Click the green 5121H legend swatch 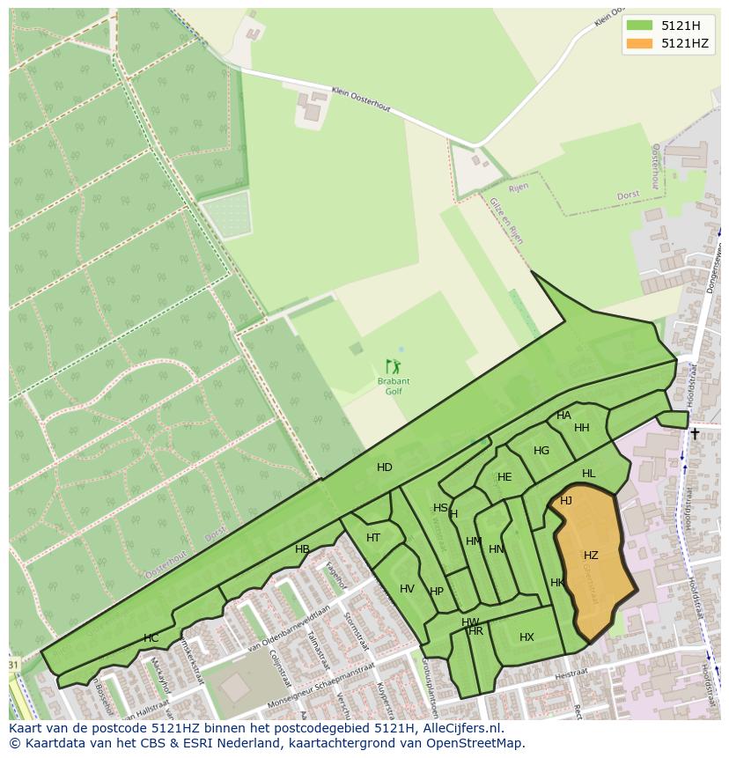click(640, 26)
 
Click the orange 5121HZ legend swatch click(640, 43)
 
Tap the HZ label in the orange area click(591, 556)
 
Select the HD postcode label click(385, 467)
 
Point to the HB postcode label click(302, 549)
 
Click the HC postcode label click(151, 638)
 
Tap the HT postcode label click(373, 538)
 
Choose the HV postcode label click(407, 589)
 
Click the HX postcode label click(526, 637)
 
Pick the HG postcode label click(541, 451)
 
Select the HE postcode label click(504, 477)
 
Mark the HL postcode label click(588, 474)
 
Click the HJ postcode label click(566, 501)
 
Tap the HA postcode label click(563, 416)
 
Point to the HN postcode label click(497, 549)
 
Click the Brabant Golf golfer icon click(393, 365)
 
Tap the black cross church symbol click(695, 433)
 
